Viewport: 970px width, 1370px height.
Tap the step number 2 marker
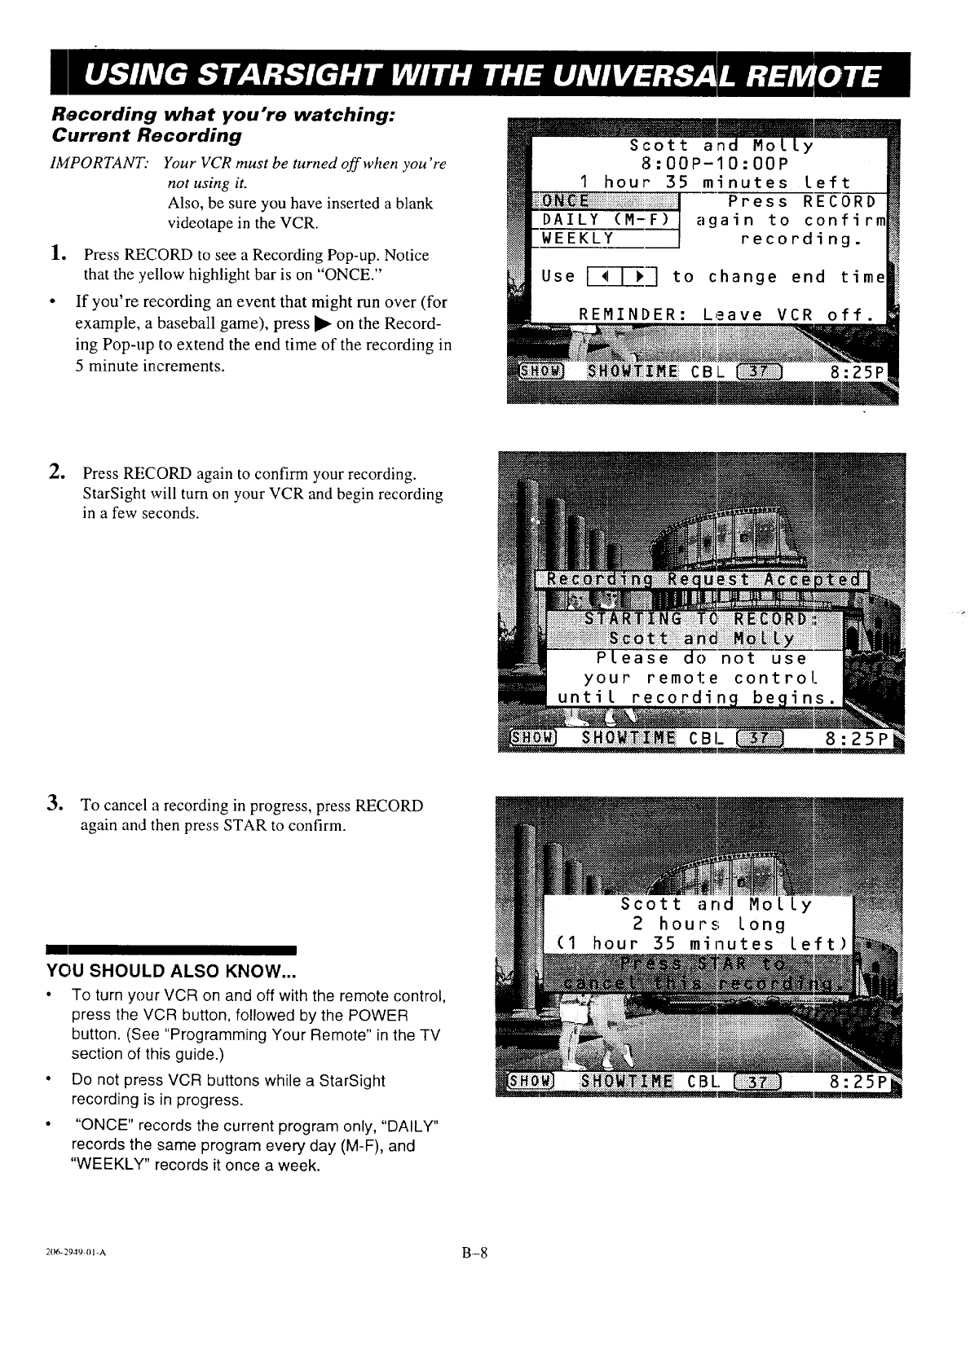pos(56,472)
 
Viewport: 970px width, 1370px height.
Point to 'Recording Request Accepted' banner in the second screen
pos(703,579)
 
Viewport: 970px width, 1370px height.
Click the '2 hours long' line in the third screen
pos(708,924)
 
